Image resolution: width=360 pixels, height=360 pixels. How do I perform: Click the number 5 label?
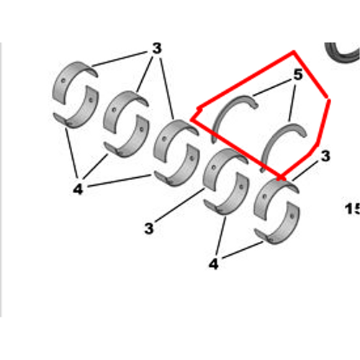tap(298, 75)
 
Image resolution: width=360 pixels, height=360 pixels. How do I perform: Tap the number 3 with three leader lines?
tap(157, 48)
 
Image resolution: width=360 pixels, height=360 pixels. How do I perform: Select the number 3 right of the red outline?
tap(325, 156)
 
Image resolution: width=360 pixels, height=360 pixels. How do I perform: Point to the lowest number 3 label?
tap(149, 228)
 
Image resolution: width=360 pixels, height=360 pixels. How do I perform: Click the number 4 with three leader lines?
tap(78, 189)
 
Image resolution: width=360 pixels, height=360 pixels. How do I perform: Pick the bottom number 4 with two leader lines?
tap(214, 264)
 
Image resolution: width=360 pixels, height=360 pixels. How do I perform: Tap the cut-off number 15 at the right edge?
tap(352, 209)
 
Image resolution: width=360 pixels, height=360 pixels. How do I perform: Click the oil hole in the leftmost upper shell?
tap(63, 81)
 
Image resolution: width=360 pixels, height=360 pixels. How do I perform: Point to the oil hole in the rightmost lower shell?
tap(292, 216)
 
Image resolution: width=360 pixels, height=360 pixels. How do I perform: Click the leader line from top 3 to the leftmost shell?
tap(120, 59)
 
